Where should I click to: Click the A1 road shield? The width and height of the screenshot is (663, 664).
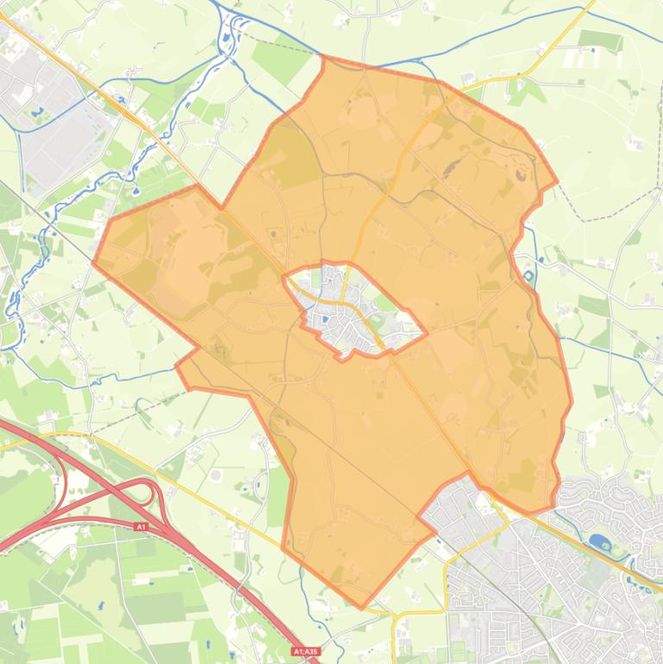(x=141, y=526)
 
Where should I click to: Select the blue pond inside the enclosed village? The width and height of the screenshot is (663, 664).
(x=324, y=320)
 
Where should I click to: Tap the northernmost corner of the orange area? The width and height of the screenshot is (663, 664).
(x=323, y=57)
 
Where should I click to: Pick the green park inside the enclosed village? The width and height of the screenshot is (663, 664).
(x=385, y=303)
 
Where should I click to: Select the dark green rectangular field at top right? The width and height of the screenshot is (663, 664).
(x=600, y=40)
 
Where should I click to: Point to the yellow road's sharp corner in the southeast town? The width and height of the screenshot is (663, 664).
(x=395, y=614)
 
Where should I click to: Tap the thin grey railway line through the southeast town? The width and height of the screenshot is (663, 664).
(x=526, y=604)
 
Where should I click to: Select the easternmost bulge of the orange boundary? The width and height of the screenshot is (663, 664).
(x=571, y=401)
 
